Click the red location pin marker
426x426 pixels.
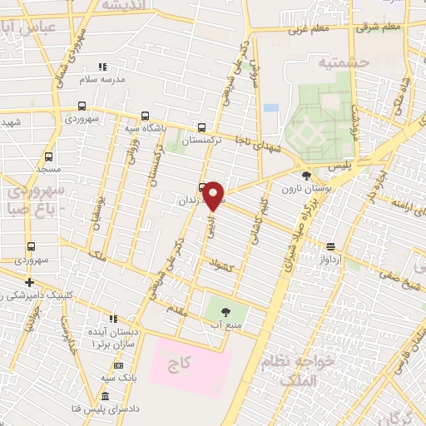pos(214,196)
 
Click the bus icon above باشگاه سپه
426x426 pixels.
pos(146,116)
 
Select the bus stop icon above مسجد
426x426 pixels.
pos(48,156)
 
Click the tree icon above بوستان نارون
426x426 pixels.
pos(308,176)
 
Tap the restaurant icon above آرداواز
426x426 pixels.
pos(331,246)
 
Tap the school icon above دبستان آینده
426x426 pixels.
pos(113,319)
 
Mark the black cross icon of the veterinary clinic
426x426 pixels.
pos(30,282)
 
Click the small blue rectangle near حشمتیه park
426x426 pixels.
pos(271,108)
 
